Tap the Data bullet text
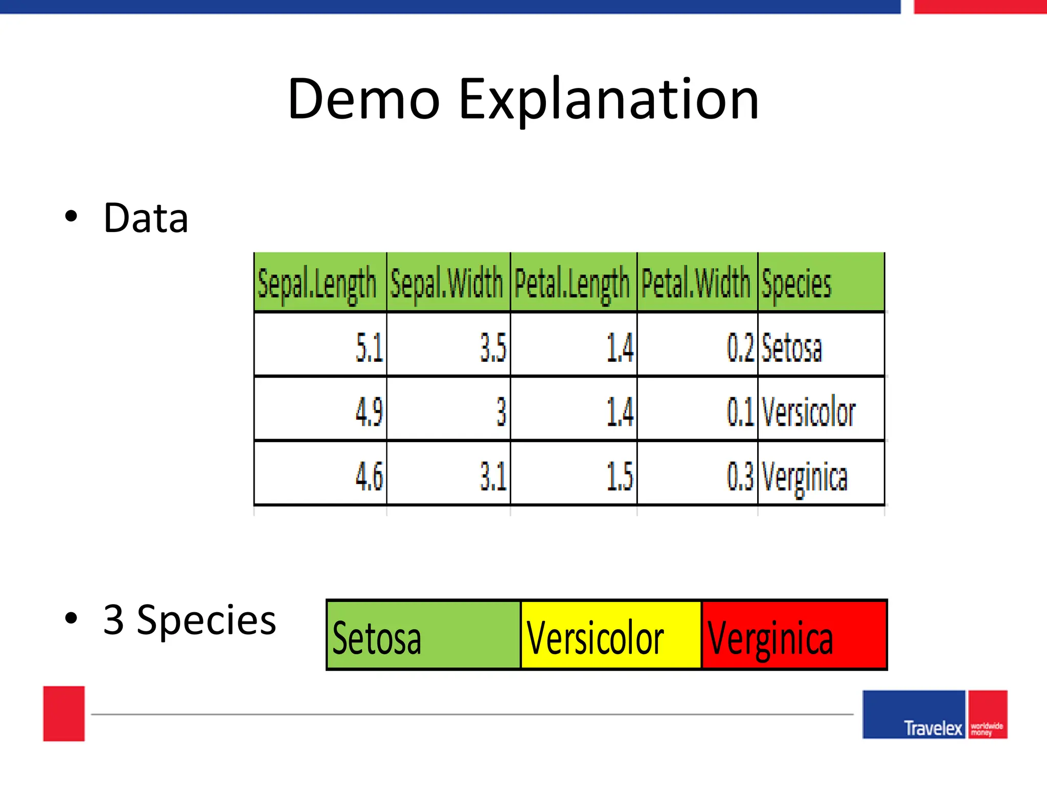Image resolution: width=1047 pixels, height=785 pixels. (146, 218)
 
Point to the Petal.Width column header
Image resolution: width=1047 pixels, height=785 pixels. (696, 283)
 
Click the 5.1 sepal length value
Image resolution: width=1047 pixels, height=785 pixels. (369, 348)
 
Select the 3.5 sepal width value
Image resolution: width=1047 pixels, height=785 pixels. (493, 348)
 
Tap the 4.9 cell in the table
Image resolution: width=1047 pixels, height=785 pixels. (369, 411)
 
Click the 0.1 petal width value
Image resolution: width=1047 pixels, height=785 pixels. (740, 411)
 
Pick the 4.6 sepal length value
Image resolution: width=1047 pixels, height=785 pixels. (369, 476)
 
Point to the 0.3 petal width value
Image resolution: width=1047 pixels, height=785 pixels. (740, 476)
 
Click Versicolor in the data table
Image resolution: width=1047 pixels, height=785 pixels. (808, 411)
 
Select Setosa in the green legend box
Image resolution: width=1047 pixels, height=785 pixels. (377, 638)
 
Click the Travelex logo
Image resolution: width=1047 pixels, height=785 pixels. (935, 715)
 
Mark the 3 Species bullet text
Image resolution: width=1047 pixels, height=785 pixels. (190, 620)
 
